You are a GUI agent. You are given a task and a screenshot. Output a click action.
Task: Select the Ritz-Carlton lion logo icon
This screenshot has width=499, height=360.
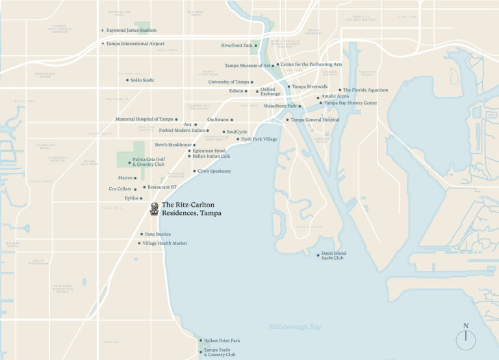click(x=155, y=209)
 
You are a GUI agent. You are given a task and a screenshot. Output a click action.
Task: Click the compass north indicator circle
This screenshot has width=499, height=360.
click(x=466, y=340)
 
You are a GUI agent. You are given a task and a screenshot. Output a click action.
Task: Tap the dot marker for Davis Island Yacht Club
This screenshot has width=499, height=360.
click(x=318, y=255)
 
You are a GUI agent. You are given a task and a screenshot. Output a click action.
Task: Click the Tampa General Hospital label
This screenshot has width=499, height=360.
click(x=314, y=120)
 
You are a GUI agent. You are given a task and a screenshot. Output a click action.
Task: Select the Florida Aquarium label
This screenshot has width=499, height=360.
click(x=365, y=90)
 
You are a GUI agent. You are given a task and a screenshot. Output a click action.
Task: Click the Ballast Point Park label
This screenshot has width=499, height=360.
click(x=222, y=341)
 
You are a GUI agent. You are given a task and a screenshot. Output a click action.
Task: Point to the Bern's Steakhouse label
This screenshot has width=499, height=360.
click(x=173, y=144)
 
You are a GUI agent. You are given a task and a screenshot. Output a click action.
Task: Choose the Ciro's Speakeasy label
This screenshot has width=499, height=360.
click(x=216, y=171)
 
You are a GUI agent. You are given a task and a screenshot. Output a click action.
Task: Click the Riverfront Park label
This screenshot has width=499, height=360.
click(x=237, y=45)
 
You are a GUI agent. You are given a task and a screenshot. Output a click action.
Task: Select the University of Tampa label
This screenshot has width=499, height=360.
click(x=229, y=82)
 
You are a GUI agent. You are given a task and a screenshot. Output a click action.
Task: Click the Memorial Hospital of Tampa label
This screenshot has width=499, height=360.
click(x=144, y=119)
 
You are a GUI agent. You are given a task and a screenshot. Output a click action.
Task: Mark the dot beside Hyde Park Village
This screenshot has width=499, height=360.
click(x=237, y=139)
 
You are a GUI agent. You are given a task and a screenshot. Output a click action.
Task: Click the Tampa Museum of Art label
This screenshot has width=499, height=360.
click(x=247, y=66)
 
